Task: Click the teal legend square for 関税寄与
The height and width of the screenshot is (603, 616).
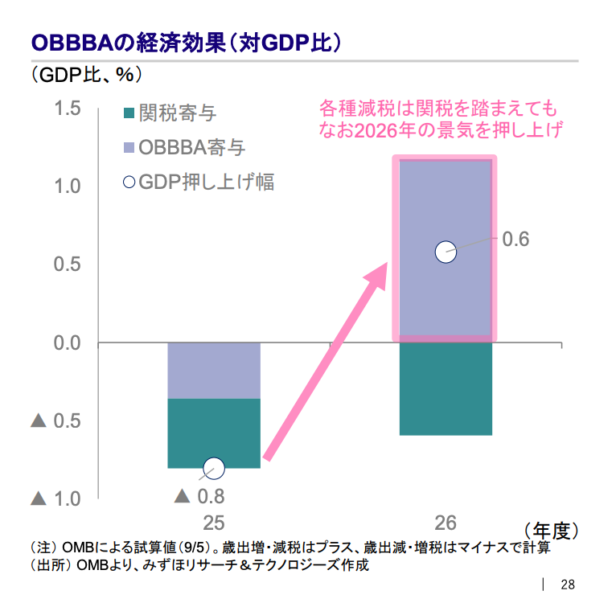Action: [128, 113]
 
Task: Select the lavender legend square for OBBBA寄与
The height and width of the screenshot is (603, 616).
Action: [128, 148]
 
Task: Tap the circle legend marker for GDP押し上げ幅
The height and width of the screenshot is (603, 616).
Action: [129, 182]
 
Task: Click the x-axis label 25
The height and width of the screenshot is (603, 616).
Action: [213, 523]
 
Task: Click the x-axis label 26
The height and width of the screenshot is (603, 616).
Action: [446, 523]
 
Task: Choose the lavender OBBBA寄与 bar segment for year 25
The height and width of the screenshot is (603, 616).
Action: [214, 371]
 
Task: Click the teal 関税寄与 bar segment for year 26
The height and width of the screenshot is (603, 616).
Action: [446, 389]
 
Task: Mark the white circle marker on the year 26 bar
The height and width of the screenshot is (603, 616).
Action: [446, 252]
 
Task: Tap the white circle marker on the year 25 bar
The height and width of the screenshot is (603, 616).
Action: [214, 467]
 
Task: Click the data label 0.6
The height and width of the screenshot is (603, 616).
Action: [515, 239]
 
